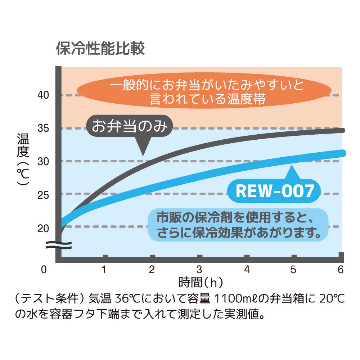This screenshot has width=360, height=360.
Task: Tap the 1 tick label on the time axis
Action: click(x=104, y=269)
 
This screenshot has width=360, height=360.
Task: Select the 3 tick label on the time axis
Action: click(x=199, y=269)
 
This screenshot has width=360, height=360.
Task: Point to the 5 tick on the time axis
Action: click(x=293, y=269)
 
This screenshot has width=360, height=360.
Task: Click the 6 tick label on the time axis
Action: click(x=341, y=269)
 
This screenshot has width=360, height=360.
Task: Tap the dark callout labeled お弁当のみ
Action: click(x=130, y=126)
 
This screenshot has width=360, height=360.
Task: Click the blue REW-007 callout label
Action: click(x=275, y=191)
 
